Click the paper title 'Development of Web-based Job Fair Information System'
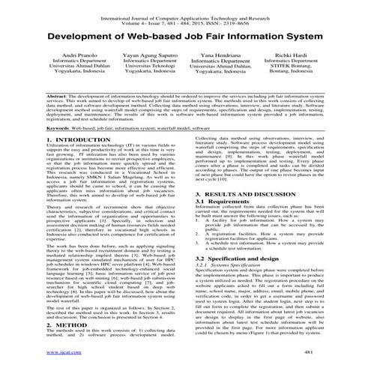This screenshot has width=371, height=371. click(185, 34)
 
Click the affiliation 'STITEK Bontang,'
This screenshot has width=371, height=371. click(307, 76)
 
